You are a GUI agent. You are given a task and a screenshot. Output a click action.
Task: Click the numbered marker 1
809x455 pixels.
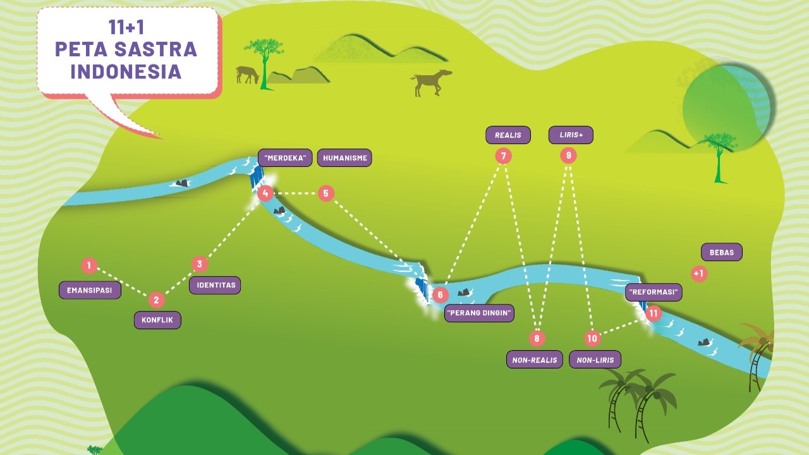(x=89, y=265)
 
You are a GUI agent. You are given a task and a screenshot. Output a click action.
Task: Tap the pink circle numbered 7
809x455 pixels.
(x=503, y=155)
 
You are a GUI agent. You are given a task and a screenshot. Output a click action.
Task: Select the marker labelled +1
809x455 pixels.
(x=698, y=274)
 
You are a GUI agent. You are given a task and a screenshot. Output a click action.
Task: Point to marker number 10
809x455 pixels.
(x=592, y=339)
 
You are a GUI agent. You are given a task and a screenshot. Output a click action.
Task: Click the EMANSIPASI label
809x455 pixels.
(x=90, y=290)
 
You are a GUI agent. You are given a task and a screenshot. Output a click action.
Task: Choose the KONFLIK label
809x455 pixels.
(x=157, y=320)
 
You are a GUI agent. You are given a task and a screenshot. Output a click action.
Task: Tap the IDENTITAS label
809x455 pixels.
(x=215, y=285)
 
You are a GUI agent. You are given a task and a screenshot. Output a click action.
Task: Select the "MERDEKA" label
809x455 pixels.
(x=285, y=157)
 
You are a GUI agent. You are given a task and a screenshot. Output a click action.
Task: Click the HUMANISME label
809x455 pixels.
(x=344, y=158)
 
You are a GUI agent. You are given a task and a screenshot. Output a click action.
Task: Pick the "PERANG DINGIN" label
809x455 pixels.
(x=479, y=313)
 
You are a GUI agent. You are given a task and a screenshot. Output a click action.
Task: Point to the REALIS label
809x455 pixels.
(x=508, y=135)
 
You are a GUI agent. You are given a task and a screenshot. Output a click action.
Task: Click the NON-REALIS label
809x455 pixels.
(x=534, y=360)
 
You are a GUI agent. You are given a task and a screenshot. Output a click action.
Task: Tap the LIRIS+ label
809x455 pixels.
(x=571, y=135)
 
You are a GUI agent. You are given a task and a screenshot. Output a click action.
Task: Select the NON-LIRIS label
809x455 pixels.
(x=595, y=360)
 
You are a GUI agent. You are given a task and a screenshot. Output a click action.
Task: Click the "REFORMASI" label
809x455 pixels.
(x=654, y=292)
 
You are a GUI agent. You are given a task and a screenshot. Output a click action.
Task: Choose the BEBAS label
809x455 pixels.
(x=722, y=252)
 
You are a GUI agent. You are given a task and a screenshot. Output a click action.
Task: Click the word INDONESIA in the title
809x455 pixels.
(x=126, y=71)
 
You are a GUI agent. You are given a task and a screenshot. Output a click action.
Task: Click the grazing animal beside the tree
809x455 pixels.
(x=247, y=75)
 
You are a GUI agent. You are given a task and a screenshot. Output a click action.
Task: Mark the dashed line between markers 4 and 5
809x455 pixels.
(x=295, y=193)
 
